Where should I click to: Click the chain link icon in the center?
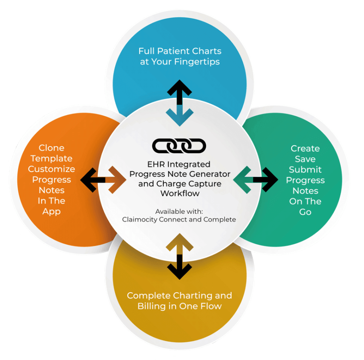point(179,146)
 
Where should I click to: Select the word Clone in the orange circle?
point(51,148)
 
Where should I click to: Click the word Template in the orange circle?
point(51,158)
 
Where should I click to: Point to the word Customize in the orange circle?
point(51,169)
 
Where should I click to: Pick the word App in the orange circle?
point(51,211)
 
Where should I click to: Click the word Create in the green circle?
point(305,148)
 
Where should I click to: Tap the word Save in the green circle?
point(305,159)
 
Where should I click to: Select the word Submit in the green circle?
point(305,169)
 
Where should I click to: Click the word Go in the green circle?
point(305,212)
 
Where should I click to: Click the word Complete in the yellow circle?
point(148,295)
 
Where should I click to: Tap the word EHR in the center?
point(158,164)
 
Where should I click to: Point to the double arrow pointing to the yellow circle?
point(179,255)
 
